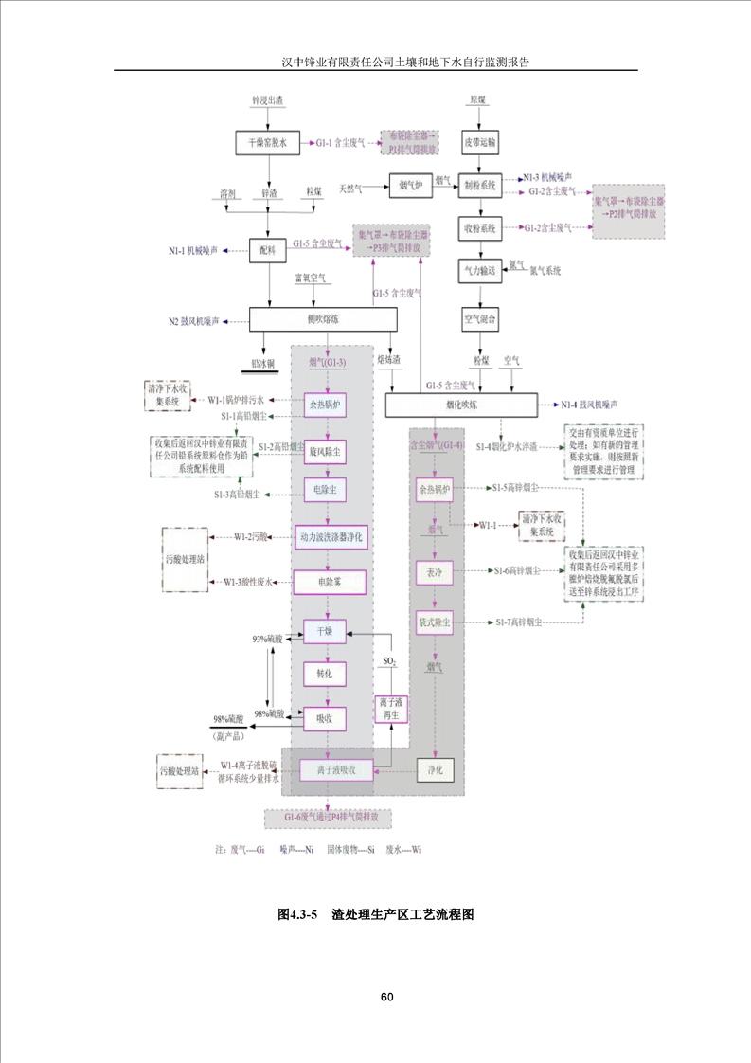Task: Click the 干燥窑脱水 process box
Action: click(x=267, y=142)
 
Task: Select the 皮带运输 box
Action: click(x=479, y=142)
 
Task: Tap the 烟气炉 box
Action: click(x=410, y=186)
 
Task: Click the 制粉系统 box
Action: click(x=479, y=186)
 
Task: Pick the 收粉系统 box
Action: click(x=479, y=228)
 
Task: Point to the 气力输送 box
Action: click(x=479, y=270)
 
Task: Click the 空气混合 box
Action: click(x=479, y=317)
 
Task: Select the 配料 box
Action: click(x=267, y=251)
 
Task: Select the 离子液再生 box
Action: click(x=392, y=708)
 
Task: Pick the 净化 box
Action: click(x=437, y=767)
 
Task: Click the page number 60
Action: click(x=386, y=998)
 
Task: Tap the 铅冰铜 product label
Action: click(x=262, y=363)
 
